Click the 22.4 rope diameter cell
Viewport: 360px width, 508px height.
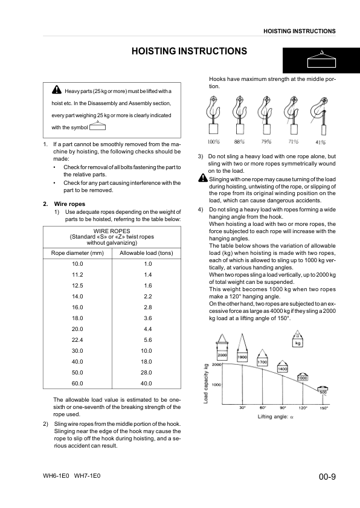(x=77, y=340)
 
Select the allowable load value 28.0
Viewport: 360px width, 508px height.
(x=146, y=373)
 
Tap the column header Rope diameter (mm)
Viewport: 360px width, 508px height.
(x=77, y=253)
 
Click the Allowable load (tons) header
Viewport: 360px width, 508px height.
(x=146, y=253)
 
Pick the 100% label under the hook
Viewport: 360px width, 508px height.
(x=214, y=141)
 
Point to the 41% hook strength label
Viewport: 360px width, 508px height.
(x=321, y=142)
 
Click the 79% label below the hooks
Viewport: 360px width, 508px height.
(x=266, y=141)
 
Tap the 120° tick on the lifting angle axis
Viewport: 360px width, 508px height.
(x=303, y=408)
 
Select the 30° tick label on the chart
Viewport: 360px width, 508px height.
(x=243, y=408)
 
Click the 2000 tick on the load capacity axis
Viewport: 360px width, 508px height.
(x=216, y=364)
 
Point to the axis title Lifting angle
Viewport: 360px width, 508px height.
(x=275, y=417)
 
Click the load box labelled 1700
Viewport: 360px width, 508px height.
(x=262, y=362)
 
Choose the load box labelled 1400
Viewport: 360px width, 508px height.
(x=283, y=368)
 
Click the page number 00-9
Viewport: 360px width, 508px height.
(x=327, y=477)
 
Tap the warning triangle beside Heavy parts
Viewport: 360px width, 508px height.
(x=56, y=89)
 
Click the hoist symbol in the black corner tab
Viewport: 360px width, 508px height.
(x=321, y=59)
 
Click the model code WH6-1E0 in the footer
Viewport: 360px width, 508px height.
(x=56, y=476)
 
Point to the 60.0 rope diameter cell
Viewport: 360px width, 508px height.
(x=77, y=384)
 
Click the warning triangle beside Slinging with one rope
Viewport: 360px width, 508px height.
(x=203, y=178)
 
